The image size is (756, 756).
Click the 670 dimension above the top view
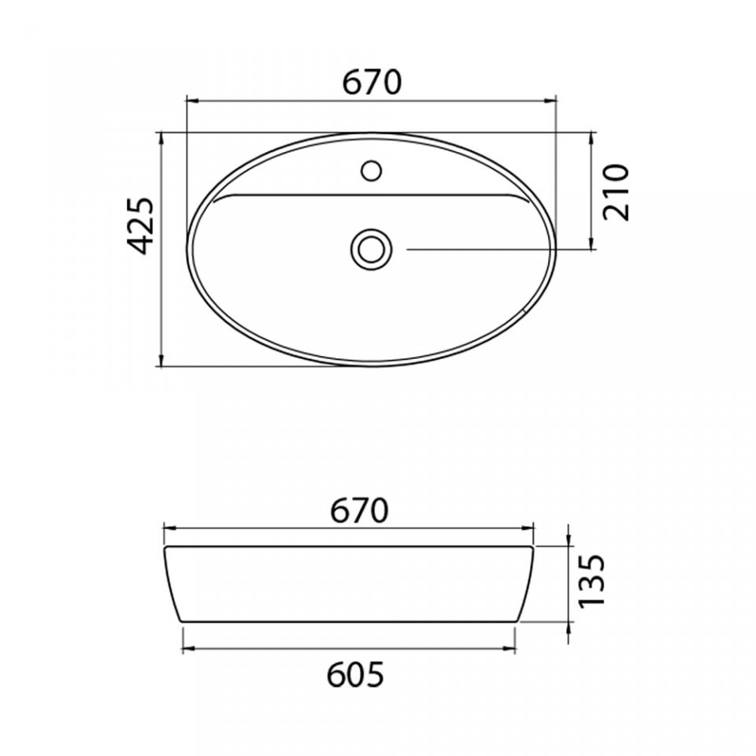pos(371,83)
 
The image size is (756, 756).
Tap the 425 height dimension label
pos(140,226)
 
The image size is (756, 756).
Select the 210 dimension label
pos(616,192)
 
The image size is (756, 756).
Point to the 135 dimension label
pos(591,581)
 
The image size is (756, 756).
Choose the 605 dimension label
pos(355,675)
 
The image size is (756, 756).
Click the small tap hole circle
pos(371,170)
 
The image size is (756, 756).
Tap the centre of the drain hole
pos(371,250)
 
